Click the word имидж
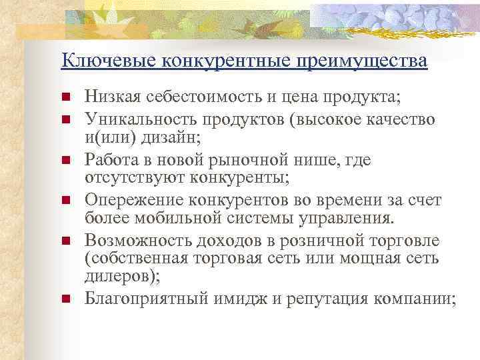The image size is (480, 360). (245, 299)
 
